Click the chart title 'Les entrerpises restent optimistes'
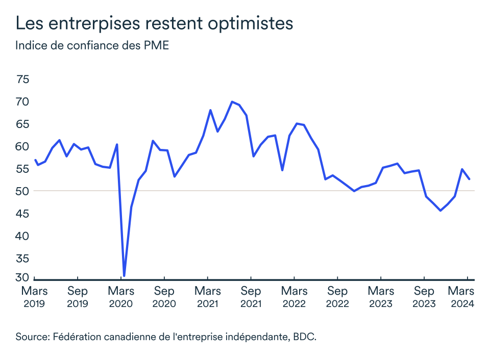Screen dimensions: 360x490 point(154,23)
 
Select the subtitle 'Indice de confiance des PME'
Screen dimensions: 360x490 point(92,46)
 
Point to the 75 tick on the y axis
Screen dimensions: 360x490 point(23,80)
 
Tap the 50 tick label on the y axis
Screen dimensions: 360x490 point(23,191)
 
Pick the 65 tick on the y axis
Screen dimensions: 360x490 point(23,124)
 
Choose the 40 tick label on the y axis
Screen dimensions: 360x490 point(23,236)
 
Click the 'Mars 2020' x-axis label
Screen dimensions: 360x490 point(121,297)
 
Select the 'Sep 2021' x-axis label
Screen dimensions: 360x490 point(251,297)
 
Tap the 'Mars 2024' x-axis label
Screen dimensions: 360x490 point(461,297)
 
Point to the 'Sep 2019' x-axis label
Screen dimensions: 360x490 point(78,297)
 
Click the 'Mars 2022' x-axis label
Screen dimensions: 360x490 point(294,297)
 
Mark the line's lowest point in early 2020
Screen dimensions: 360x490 point(124,276)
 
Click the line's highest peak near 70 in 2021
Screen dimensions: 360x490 point(232,101)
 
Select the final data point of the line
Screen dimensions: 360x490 point(469,179)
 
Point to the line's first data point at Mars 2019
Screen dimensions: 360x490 point(35,160)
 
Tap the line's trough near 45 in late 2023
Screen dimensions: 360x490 point(440,210)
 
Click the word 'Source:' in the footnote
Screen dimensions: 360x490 point(32,337)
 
